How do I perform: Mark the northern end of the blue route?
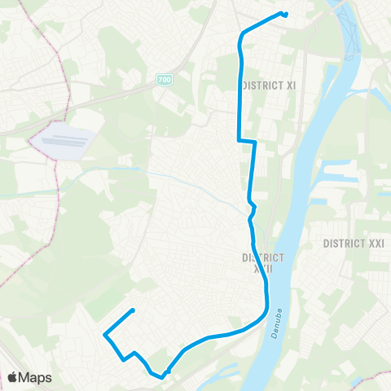click(x=284, y=13)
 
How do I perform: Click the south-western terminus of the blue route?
click(x=132, y=310)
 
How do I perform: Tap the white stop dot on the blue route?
click(x=167, y=373)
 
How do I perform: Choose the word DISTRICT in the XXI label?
click(x=342, y=244)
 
